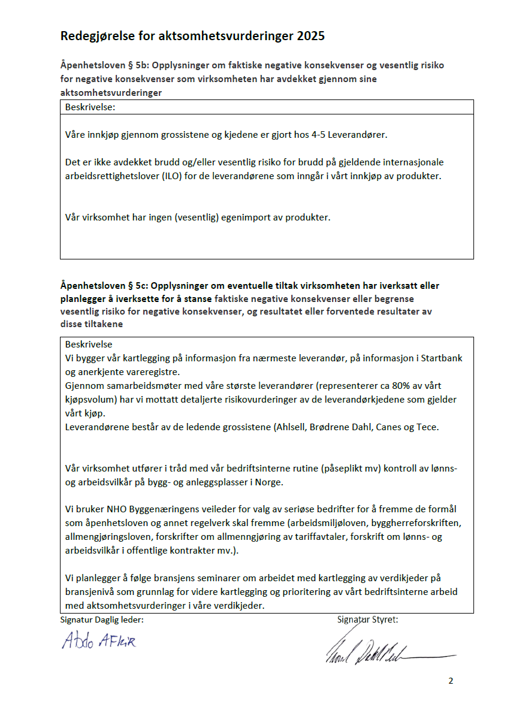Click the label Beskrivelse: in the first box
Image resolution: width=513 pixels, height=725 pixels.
[90, 107]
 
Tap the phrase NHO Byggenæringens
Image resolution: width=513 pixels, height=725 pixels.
[144, 509]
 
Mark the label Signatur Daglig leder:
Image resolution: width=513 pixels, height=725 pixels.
[102, 620]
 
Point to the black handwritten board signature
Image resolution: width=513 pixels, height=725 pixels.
[384, 652]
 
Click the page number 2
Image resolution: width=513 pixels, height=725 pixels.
[451, 681]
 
